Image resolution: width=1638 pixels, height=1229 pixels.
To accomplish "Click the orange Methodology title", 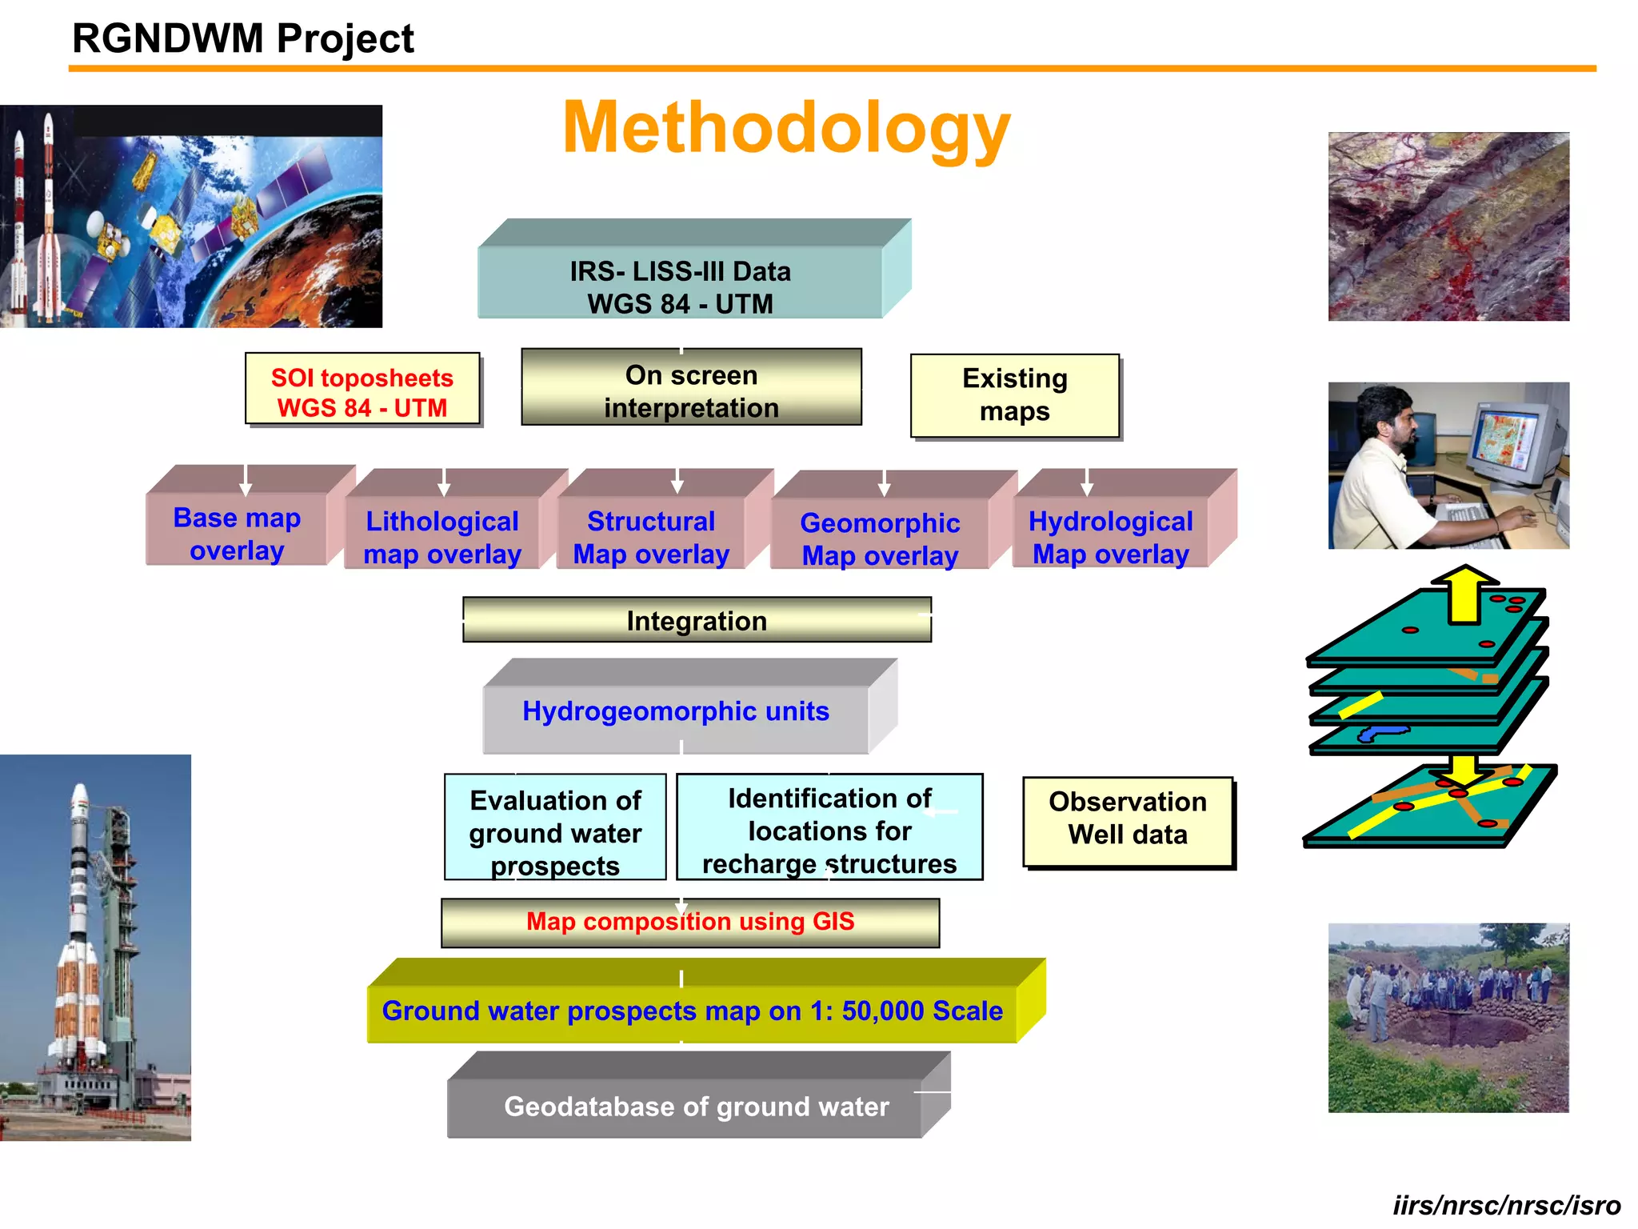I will pyautogui.click(x=786, y=128).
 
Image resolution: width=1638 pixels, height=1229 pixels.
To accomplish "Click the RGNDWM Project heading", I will pyautogui.click(x=243, y=38).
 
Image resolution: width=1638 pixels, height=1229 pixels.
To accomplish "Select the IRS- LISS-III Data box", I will pyautogui.click(x=680, y=286).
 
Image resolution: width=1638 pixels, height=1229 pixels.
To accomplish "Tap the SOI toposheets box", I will pyautogui.click(x=362, y=391).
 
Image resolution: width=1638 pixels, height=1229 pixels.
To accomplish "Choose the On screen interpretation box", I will pyautogui.click(x=691, y=390).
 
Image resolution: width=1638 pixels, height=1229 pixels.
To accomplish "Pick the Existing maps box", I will pyautogui.click(x=1014, y=395).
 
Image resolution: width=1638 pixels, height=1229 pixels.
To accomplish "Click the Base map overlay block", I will pyautogui.click(x=237, y=533).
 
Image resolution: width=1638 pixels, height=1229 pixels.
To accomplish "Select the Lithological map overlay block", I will pyautogui.click(x=442, y=536).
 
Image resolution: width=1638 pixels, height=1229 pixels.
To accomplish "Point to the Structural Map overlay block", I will pyautogui.click(x=651, y=536).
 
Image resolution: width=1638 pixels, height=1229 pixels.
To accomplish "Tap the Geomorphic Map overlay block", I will pyautogui.click(x=880, y=538).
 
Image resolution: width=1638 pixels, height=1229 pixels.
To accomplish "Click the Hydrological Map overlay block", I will pyautogui.click(x=1110, y=536).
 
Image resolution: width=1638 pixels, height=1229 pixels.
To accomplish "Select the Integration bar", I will pyautogui.click(x=697, y=620).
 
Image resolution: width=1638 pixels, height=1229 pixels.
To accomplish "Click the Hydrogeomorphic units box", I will pyautogui.click(x=676, y=711).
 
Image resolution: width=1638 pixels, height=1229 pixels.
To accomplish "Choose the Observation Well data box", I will pyautogui.click(x=1127, y=818).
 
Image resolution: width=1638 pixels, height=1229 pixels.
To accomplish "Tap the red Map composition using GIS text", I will pyautogui.click(x=690, y=921).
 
